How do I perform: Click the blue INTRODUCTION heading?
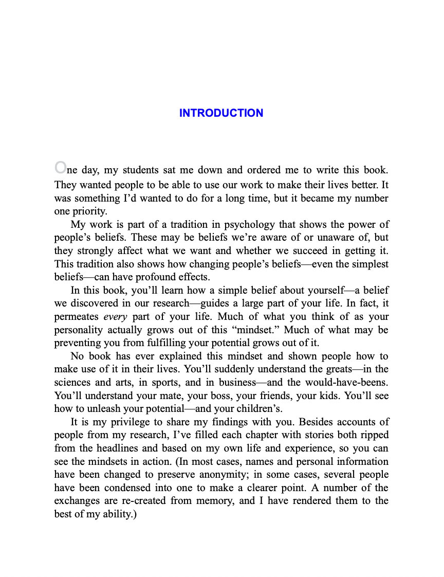(x=221, y=113)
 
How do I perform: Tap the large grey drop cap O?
(x=60, y=167)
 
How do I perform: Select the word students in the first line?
(x=141, y=170)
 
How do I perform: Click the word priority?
(x=84, y=211)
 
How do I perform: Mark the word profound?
(x=147, y=277)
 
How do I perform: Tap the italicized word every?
(x=115, y=317)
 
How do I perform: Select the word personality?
(x=78, y=330)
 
